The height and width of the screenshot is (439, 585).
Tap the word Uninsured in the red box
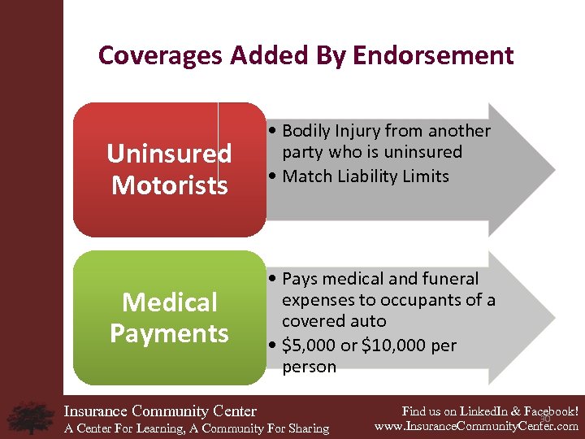(x=170, y=153)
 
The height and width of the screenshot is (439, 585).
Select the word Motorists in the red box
(x=170, y=185)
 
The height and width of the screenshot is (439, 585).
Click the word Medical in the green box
(x=170, y=302)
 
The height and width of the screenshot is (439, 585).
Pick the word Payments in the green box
(x=170, y=333)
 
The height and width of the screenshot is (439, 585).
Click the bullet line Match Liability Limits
(x=366, y=176)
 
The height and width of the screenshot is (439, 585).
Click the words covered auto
(x=334, y=321)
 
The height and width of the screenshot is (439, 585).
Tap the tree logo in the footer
(x=30, y=417)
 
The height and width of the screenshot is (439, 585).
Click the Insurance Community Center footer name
(x=160, y=411)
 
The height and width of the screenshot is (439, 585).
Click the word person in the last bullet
(x=309, y=367)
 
